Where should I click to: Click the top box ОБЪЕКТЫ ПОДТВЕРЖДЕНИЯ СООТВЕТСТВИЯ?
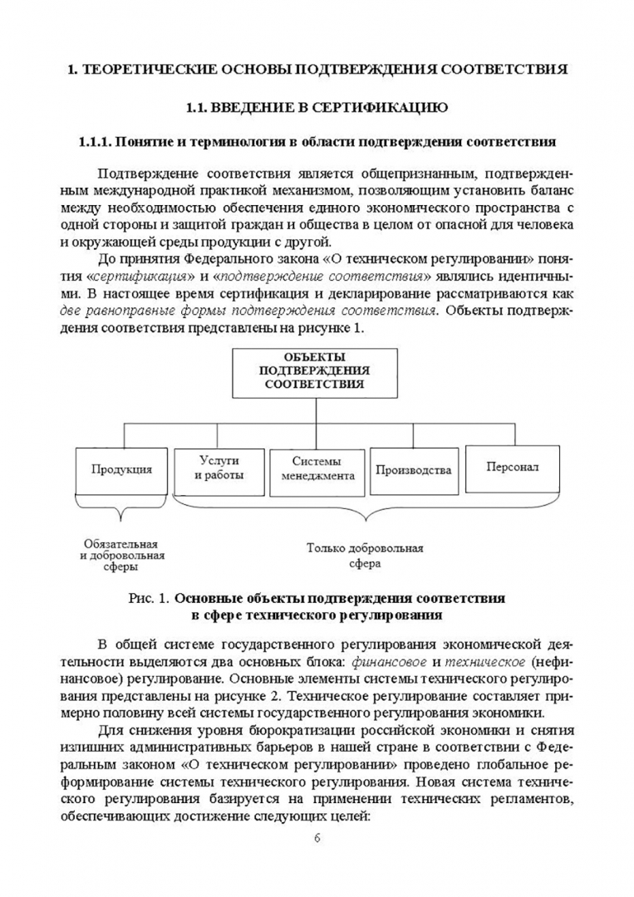tap(314, 371)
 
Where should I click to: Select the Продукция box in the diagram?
tap(122, 469)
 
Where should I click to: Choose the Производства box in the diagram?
tap(413, 469)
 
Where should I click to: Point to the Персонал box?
tap(512, 466)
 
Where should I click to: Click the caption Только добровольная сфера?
tap(365, 556)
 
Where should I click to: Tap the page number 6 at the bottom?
tap(317, 836)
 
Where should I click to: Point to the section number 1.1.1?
tap(94, 141)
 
